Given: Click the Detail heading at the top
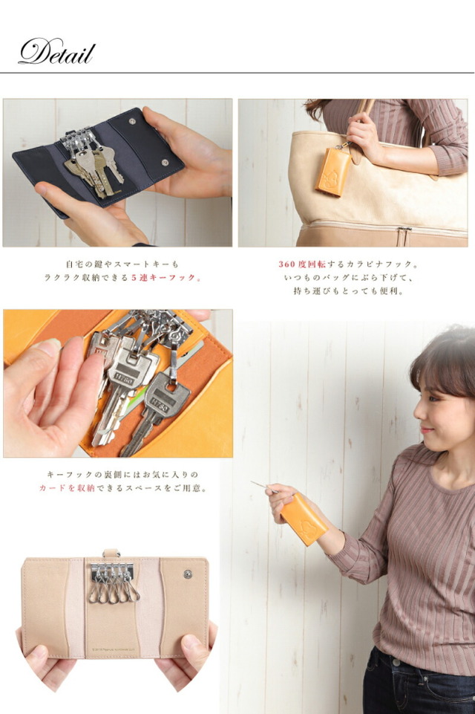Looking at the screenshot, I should tap(56, 52).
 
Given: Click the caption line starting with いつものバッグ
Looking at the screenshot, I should tap(353, 277).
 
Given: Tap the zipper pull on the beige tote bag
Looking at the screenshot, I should tap(402, 236).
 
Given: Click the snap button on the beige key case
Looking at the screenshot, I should tap(187, 574).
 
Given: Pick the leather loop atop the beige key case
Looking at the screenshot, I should tap(111, 553).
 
